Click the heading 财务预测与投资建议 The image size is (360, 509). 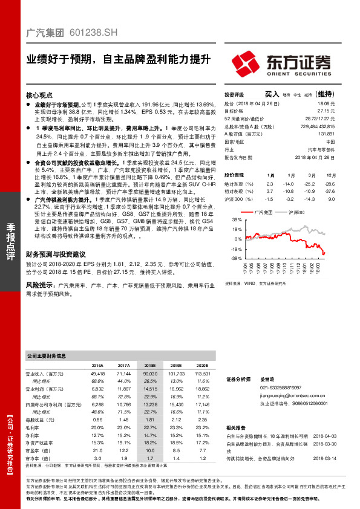click(61, 256)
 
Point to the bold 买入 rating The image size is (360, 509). click(272, 94)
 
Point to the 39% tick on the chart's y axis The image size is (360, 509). click(229, 221)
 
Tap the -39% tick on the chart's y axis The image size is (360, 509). click(228, 258)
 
